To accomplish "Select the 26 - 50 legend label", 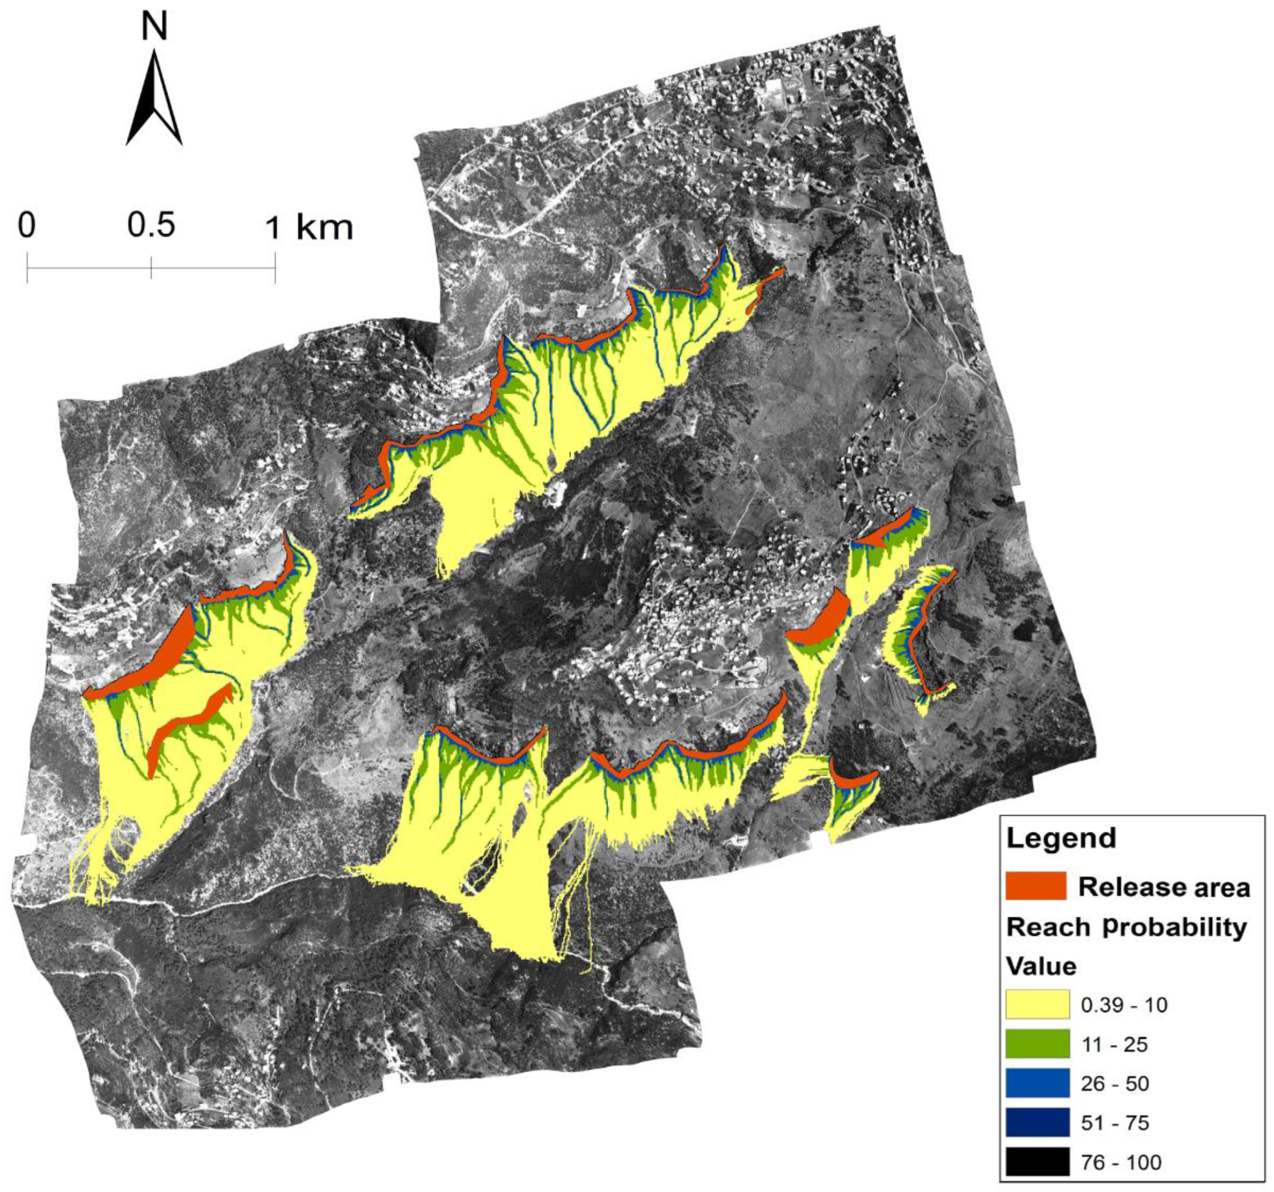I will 1115,1084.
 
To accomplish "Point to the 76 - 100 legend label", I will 1121,1162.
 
